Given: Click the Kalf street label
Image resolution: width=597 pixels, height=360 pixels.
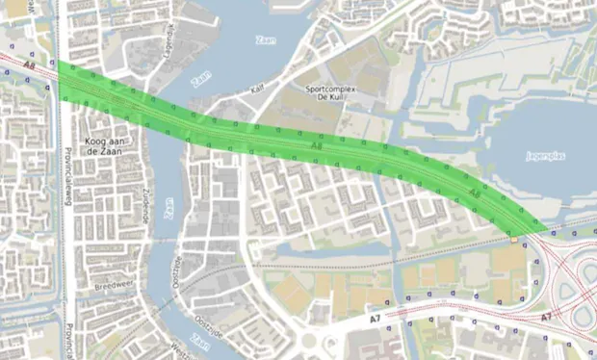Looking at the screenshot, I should (x=257, y=89).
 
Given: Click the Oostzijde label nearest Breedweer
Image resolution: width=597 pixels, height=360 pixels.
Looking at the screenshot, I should (x=176, y=271).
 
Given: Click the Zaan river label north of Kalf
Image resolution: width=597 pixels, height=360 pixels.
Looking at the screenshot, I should (x=264, y=39).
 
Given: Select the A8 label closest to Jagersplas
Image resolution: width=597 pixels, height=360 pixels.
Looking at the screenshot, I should (x=474, y=194).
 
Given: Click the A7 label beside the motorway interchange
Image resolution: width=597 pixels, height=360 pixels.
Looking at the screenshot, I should (x=545, y=316).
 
